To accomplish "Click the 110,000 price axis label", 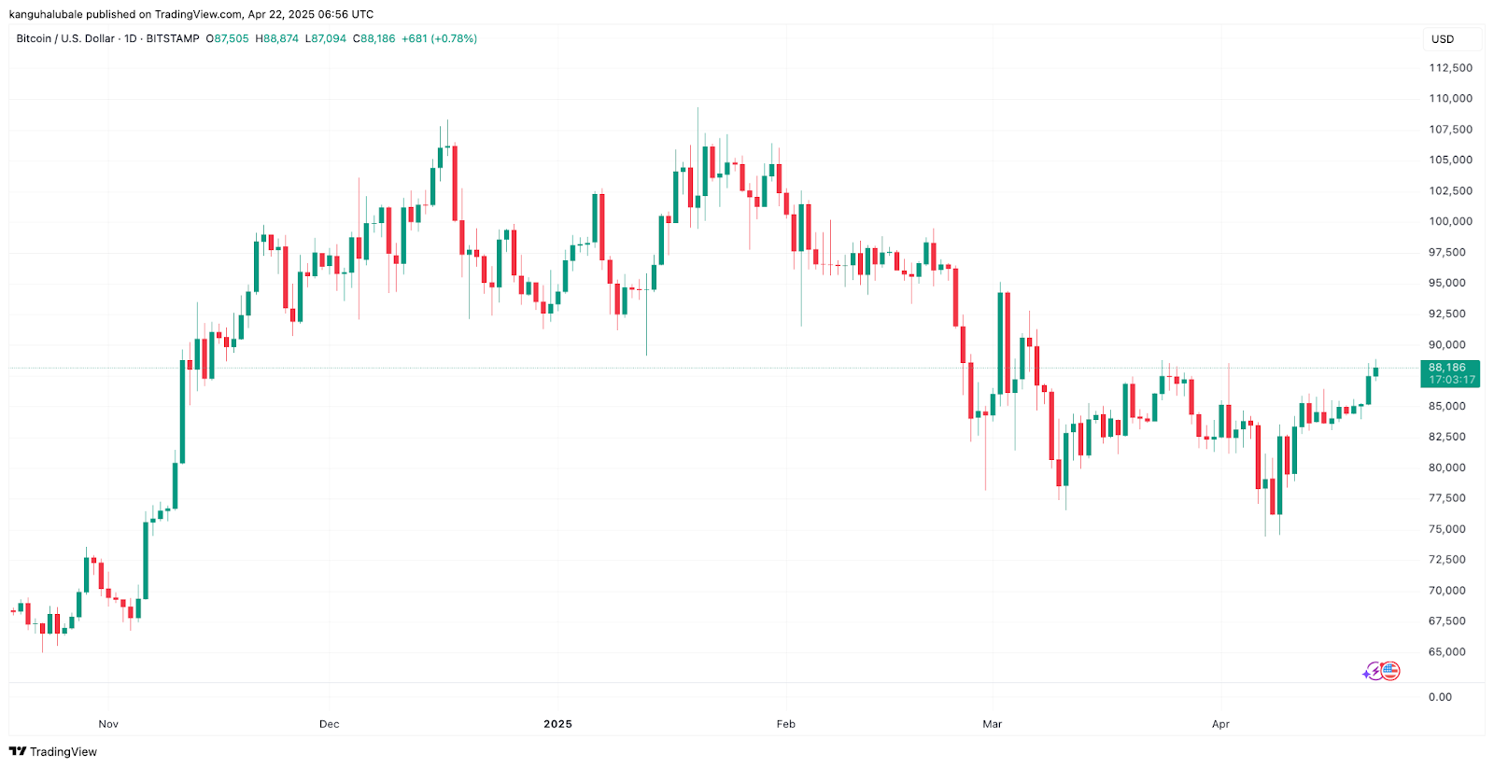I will [1450, 98].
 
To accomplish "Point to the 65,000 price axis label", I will [1446, 651].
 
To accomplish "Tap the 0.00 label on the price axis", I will [1440, 697].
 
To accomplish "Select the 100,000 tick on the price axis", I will [1450, 221].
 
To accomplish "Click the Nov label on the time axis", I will [108, 724].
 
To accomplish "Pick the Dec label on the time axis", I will [329, 724].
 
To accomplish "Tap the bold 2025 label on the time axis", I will [557, 724].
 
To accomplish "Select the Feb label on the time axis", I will [786, 724].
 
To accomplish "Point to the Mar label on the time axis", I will [992, 724].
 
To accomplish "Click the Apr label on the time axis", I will [1220, 724].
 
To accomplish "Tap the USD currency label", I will [1443, 39].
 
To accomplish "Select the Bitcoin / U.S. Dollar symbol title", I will [65, 39].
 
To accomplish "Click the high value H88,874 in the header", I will [277, 39].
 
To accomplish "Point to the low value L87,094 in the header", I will [326, 39].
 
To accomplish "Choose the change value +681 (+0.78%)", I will [439, 39].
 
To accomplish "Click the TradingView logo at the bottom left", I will [53, 751].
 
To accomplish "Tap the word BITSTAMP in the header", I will [173, 39].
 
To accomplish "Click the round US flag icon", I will [1390, 670].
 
